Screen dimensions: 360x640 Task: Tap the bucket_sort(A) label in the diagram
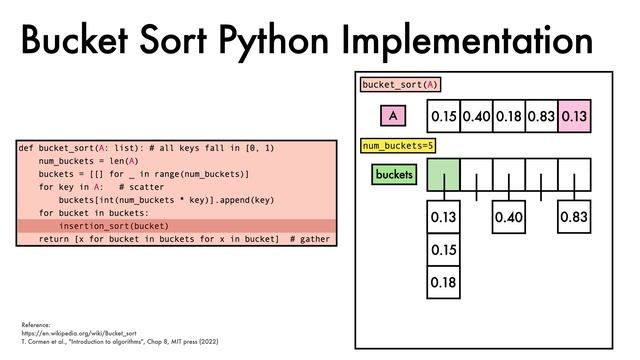[x=400, y=86]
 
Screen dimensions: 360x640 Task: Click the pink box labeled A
[x=393, y=117]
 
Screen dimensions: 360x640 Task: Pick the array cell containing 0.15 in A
[x=443, y=117]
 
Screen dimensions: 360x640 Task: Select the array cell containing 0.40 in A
[x=476, y=117]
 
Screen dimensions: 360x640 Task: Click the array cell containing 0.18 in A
[x=508, y=117]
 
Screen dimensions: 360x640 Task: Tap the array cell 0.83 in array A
[x=541, y=117]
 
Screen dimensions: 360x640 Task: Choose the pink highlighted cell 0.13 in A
[x=574, y=117]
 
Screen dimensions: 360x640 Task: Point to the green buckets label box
[x=393, y=175]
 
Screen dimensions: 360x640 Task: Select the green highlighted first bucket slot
[x=443, y=175]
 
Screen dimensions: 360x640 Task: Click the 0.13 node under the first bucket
[x=443, y=217]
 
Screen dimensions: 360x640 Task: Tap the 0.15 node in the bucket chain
[x=443, y=250]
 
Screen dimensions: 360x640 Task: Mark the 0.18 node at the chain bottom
[x=443, y=283]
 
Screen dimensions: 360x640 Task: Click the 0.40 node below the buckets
[x=509, y=217]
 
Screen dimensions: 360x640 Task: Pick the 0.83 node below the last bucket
[x=574, y=217]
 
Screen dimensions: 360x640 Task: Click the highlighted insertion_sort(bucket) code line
[x=107, y=226]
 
